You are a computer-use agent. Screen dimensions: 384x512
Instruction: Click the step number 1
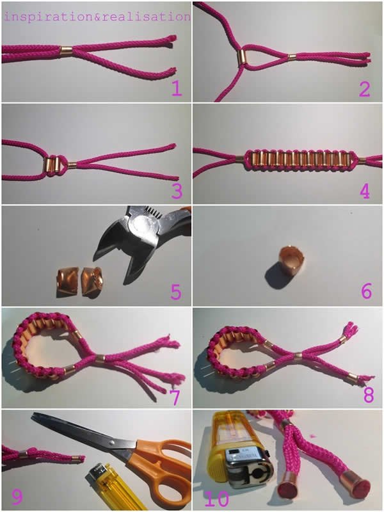177,88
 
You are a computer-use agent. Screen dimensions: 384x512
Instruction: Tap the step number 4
365,191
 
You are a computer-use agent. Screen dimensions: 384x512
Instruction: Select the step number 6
366,291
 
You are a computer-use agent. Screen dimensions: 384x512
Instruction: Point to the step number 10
217,499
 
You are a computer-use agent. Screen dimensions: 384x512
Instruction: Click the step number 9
17,497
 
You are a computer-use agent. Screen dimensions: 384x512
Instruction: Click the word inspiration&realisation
97,17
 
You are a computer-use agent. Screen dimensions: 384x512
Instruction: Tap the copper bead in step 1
67,51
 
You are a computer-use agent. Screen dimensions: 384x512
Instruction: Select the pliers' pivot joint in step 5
142,223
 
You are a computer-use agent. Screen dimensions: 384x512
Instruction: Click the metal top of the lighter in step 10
250,468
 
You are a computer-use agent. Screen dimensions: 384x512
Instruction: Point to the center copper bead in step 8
298,355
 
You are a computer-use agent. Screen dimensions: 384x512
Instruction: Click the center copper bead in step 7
100,358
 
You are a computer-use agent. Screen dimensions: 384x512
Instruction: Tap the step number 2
365,88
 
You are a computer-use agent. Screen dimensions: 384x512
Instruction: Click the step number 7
175,397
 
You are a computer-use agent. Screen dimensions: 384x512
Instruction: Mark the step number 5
175,292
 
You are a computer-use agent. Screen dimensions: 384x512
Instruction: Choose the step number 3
177,191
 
